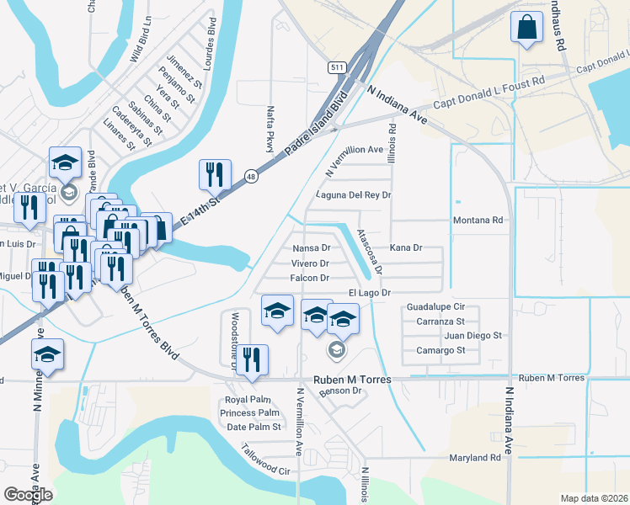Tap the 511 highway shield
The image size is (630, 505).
click(x=337, y=67)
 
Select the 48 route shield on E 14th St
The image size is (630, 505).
click(x=251, y=176)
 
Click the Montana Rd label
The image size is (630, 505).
click(x=478, y=221)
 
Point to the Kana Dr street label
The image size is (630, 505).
click(x=405, y=248)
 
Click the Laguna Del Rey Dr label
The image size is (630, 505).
click(x=354, y=195)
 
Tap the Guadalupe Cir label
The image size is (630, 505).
click(x=435, y=307)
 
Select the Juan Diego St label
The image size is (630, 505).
click(x=472, y=335)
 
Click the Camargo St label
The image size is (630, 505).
click(x=440, y=350)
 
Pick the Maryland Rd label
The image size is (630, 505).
click(x=475, y=458)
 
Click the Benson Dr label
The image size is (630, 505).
click(x=340, y=391)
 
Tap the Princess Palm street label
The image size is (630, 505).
click(x=249, y=413)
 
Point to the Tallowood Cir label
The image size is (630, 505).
click(x=266, y=460)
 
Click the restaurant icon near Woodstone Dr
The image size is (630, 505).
click(x=251, y=359)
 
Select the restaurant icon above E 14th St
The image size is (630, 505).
click(x=215, y=174)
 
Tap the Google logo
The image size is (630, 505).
click(x=28, y=495)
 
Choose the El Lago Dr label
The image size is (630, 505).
click(x=371, y=293)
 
